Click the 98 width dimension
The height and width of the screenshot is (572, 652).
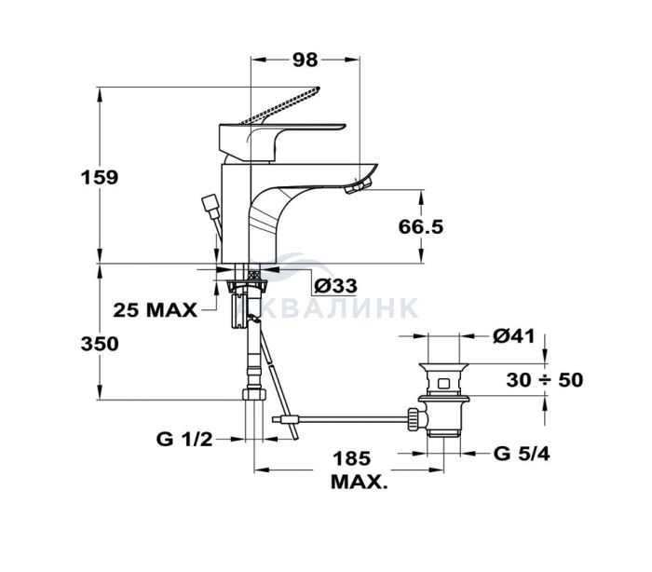[x=305, y=60]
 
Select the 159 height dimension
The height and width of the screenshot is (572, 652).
[x=100, y=178]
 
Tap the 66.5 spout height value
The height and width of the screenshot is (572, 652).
[x=421, y=227]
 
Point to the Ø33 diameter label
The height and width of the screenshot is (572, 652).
[x=335, y=286]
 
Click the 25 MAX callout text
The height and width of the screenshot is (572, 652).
[x=156, y=310]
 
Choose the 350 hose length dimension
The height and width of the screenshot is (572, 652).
[x=100, y=344]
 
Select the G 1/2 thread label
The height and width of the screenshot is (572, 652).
[x=184, y=440]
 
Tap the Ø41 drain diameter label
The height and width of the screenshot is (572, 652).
[x=514, y=336]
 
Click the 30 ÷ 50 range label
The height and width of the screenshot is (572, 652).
[x=545, y=380]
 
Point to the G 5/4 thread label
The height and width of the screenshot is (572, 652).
[x=522, y=454]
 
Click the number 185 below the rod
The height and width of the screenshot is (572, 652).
[x=352, y=458]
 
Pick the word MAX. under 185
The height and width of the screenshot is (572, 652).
[x=359, y=483]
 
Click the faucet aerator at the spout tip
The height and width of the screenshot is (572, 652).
[x=359, y=184]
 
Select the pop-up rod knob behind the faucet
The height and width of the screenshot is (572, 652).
[x=210, y=206]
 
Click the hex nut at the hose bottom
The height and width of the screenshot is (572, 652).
[x=253, y=394]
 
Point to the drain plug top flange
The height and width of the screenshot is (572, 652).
[x=443, y=367]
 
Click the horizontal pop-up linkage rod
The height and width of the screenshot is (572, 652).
[x=340, y=419]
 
